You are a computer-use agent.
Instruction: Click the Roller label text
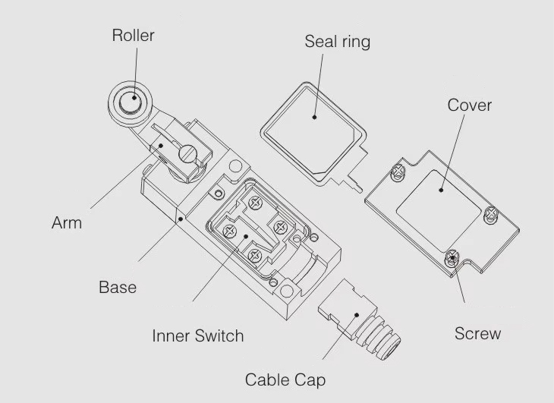coord(133,35)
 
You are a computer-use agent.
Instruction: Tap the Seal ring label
coord(337,41)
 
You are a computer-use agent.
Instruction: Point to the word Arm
coord(67,223)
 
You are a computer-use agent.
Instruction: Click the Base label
coord(118,287)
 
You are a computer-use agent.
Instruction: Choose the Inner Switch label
coord(198,335)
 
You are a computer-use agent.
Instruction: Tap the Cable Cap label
coord(285,379)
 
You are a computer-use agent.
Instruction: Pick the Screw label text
coord(477,333)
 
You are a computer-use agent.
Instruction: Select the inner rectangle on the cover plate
coord(437,198)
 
